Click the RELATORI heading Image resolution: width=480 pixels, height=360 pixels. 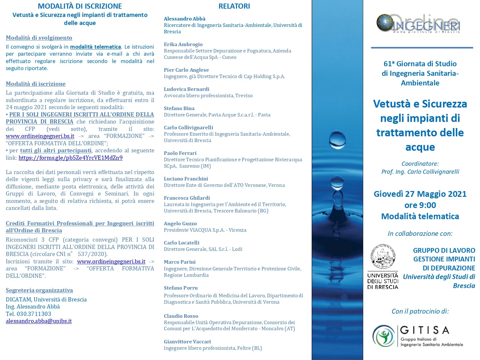coord(234,6)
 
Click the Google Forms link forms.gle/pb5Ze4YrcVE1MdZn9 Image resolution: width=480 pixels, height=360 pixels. coord(70,158)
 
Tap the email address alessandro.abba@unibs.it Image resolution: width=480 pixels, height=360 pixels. coord(39,321)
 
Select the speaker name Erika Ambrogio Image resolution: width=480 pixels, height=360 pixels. coord(183,44)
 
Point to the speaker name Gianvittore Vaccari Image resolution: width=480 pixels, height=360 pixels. coord(187,341)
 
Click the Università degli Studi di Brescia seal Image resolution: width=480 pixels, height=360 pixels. coord(382,257)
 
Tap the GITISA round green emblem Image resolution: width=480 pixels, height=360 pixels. coord(384,336)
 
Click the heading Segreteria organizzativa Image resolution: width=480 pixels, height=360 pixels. coord(39,290)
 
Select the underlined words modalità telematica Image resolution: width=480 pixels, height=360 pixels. coord(95,47)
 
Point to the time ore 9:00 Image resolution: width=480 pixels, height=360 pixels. coord(420,205)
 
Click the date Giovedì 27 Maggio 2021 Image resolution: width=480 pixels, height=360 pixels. coord(420,194)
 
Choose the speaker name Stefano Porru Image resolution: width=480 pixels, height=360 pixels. coord(180,288)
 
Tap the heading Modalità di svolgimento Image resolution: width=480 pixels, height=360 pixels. coord(39,38)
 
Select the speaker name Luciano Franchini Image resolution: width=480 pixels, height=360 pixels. coord(186,179)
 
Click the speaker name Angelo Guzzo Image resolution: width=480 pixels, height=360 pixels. coord(180,223)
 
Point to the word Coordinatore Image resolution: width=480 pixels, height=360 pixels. coord(420,164)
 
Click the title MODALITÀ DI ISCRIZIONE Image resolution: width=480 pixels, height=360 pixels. coord(80,6)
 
